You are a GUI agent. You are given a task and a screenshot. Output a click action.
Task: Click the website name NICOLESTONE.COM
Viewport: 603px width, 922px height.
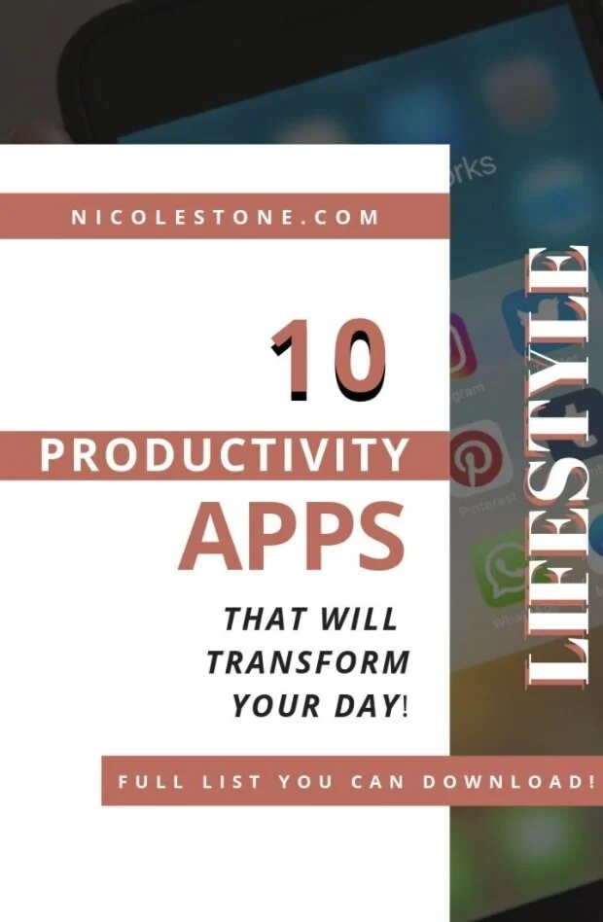(225, 217)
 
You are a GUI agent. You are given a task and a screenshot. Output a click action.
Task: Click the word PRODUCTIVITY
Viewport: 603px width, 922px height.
(225, 455)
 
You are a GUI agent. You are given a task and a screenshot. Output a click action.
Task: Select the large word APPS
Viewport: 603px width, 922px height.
(292, 538)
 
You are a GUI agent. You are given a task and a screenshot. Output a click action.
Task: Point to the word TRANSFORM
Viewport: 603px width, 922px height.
(307, 662)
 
